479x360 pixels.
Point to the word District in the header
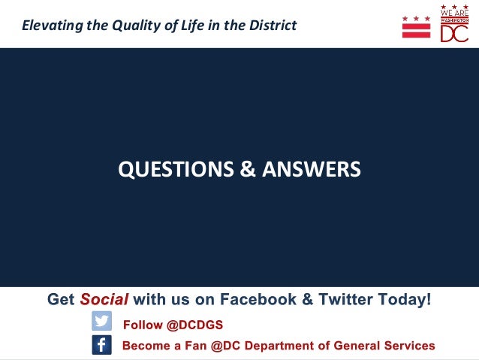coord(270,26)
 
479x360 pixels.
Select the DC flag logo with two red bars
coord(417,26)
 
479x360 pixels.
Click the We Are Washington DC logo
coord(454,23)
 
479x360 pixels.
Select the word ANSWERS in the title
coord(311,170)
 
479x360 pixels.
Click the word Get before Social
coord(61,299)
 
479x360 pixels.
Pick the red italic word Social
coord(104,299)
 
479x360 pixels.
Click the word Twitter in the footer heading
coord(348,299)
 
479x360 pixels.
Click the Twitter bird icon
coord(102,322)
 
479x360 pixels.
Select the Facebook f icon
coord(102,345)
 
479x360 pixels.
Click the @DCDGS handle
coord(194,325)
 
